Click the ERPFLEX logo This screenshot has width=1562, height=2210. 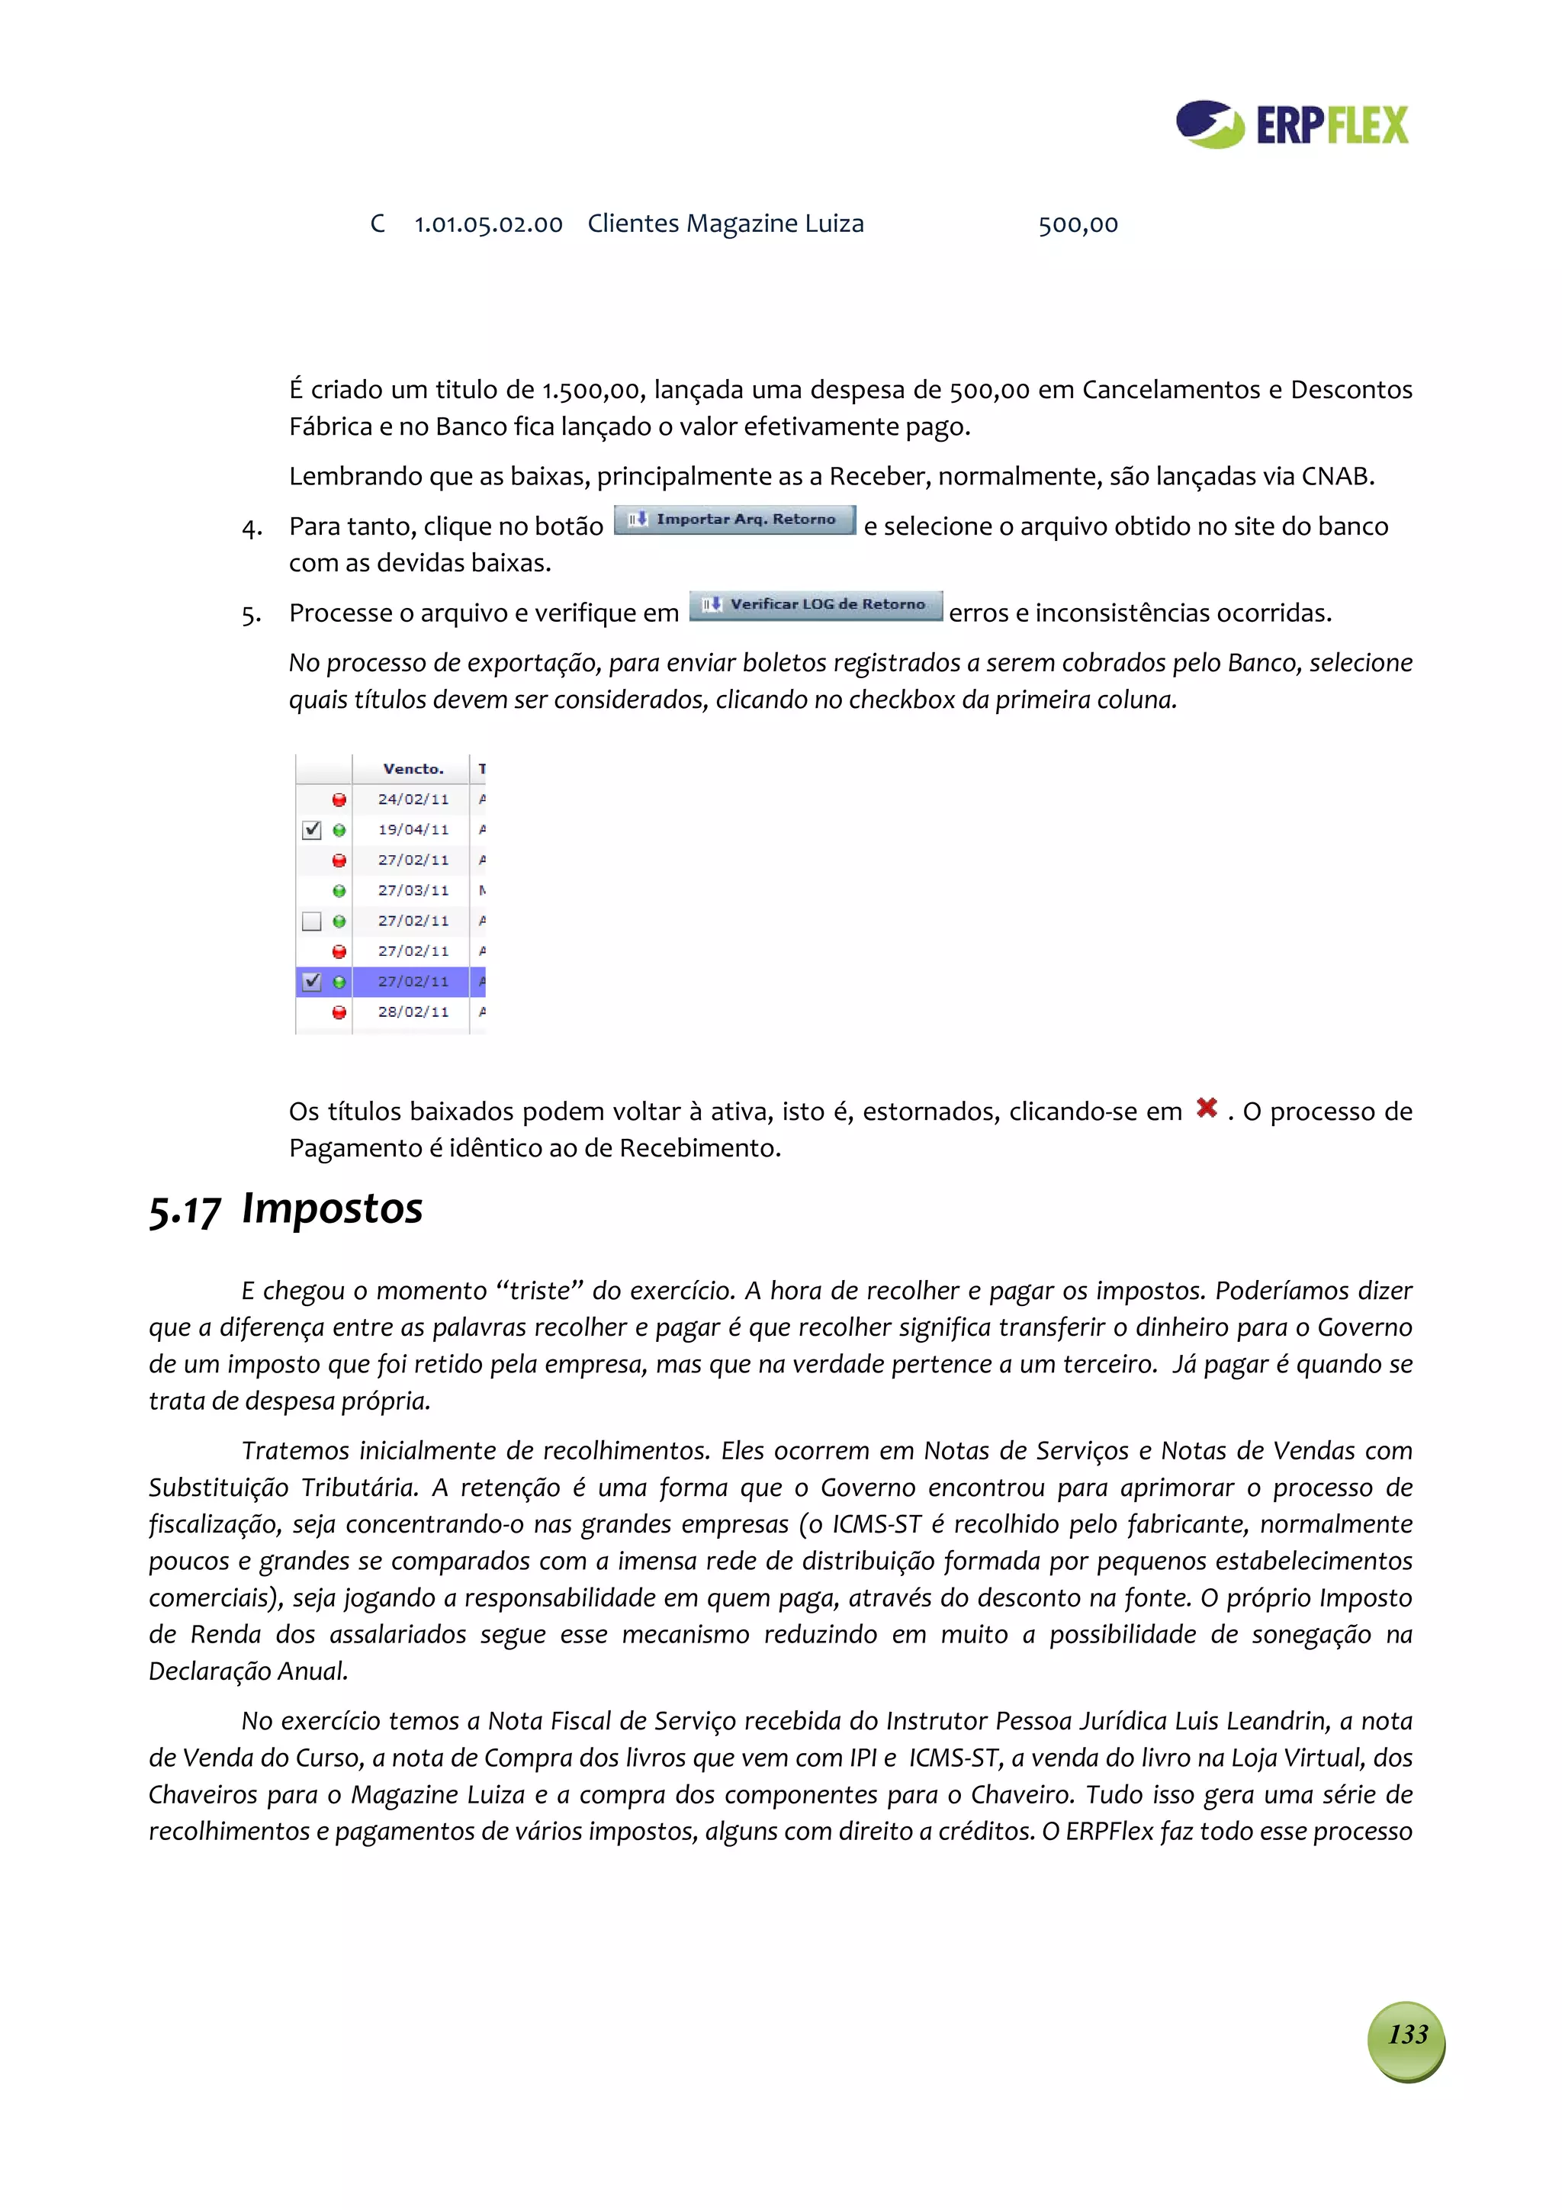[x=1291, y=124]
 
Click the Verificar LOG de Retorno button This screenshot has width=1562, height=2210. [x=815, y=606]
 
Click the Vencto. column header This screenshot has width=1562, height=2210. [x=412, y=769]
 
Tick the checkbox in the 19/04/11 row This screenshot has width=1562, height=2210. [x=311, y=830]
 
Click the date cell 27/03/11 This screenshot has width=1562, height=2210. [x=412, y=891]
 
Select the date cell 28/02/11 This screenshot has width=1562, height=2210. [x=412, y=1012]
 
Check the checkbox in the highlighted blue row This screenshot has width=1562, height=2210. [x=311, y=982]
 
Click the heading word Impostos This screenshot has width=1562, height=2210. [x=332, y=1209]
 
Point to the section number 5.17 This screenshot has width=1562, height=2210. [x=185, y=1211]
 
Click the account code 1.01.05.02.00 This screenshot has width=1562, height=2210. [x=488, y=225]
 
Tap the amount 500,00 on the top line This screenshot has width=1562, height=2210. [x=1077, y=225]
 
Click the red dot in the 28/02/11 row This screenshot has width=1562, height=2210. [x=339, y=1012]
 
